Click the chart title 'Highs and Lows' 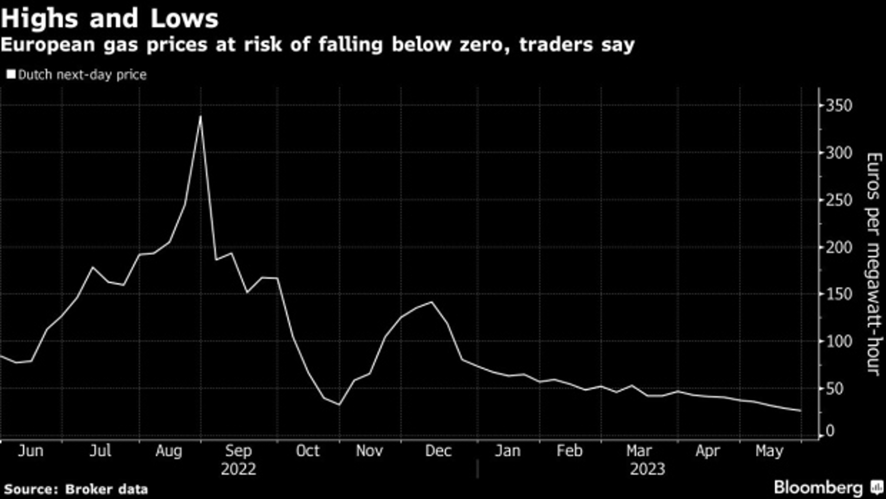(x=109, y=19)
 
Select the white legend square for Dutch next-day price (x=11, y=74)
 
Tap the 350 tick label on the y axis (x=838, y=106)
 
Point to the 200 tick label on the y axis (x=838, y=247)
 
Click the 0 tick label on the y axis (x=830, y=431)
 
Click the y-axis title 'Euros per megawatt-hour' (x=874, y=264)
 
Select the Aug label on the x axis (x=168, y=451)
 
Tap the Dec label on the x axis (x=438, y=451)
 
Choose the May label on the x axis (x=769, y=451)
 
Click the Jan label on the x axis (x=507, y=451)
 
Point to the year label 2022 (x=238, y=469)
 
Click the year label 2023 (x=647, y=469)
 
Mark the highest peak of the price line (x=200, y=116)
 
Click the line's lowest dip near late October (x=339, y=405)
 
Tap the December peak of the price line (x=432, y=302)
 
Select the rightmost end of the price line (x=801, y=411)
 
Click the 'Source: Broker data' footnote (x=76, y=489)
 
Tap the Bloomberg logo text (x=818, y=488)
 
